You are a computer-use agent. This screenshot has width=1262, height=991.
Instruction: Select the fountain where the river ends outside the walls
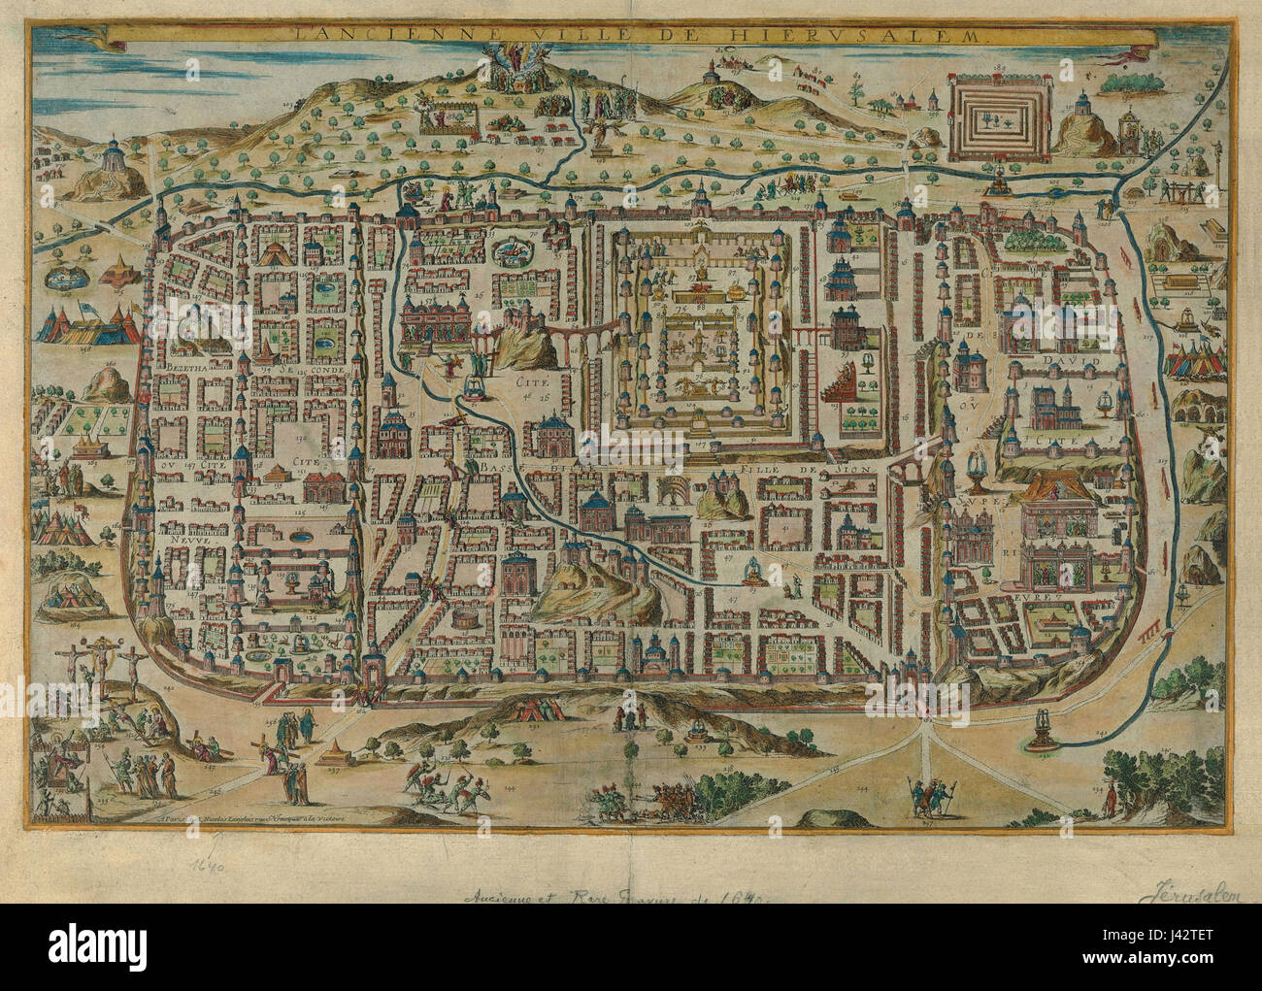(1042, 727)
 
